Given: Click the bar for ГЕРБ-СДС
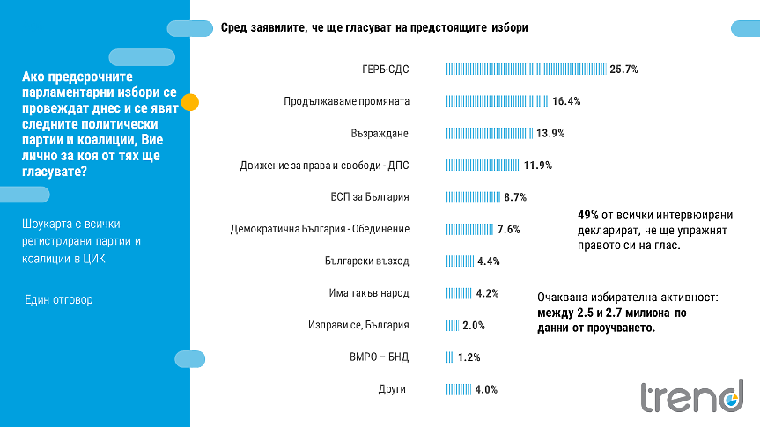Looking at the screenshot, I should [526, 69].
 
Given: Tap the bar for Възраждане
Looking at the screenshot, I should [490, 133].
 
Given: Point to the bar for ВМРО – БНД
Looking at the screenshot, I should [450, 357].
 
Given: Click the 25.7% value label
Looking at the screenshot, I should [623, 69].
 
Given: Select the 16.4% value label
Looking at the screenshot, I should [566, 101].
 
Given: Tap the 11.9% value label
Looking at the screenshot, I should [538, 166].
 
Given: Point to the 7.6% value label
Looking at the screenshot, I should [509, 229].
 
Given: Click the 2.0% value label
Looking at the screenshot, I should [474, 325].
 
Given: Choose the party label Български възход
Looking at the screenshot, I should [367, 261].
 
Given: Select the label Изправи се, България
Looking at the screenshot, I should [360, 325].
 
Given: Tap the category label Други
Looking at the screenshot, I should [394, 388].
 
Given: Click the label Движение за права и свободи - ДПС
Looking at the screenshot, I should [325, 166].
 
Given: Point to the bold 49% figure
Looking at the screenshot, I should [588, 214].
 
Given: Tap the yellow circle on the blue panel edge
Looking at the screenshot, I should [189, 102].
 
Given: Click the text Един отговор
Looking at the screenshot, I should [58, 300].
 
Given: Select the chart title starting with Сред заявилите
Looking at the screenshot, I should [374, 28].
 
